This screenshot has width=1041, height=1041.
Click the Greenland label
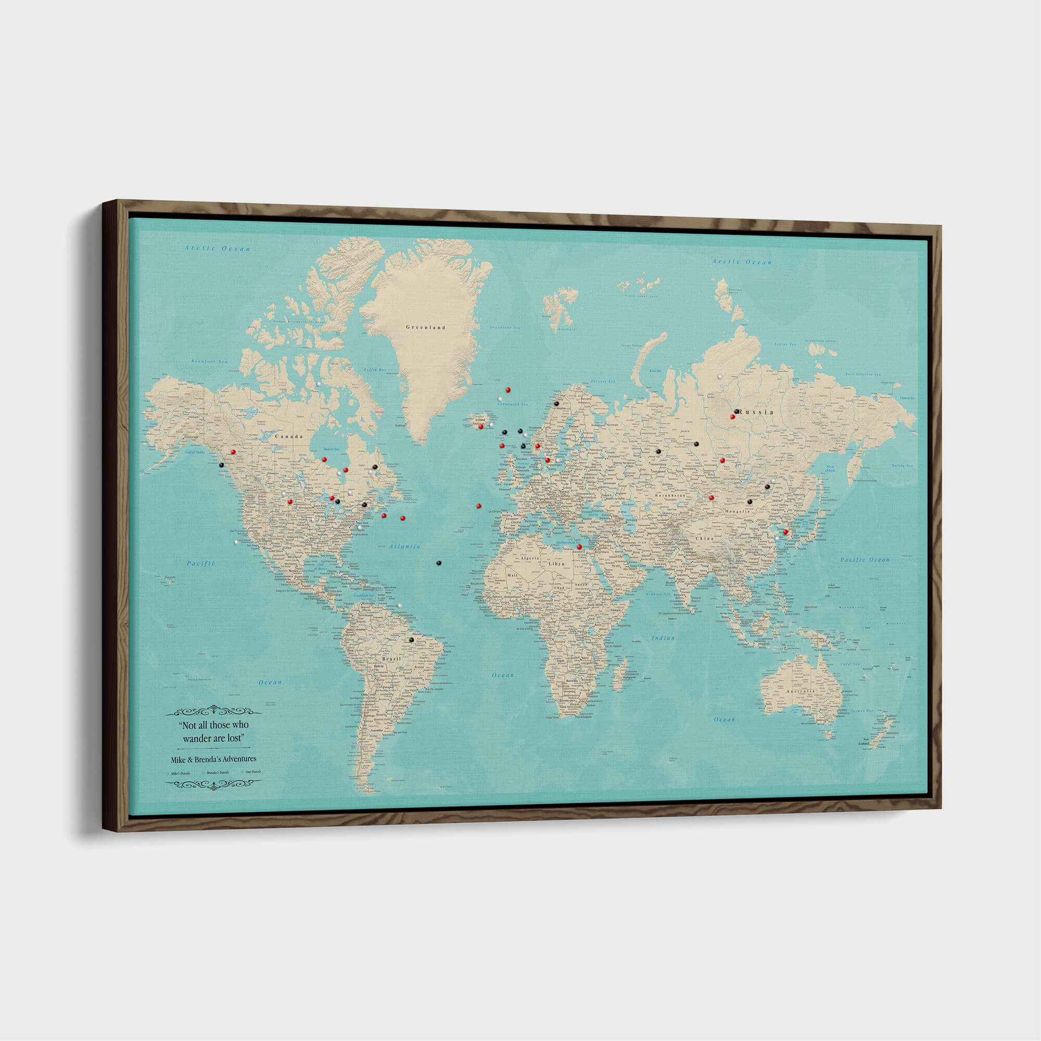point(425,327)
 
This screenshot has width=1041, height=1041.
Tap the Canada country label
point(289,437)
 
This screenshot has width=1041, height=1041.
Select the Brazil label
point(391,659)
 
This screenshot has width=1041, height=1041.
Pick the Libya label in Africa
point(556,564)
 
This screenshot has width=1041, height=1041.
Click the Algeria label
point(530,558)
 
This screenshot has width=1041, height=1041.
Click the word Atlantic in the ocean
point(404,547)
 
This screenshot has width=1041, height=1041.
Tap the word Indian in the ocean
point(663,638)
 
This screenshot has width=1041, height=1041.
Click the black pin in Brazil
point(411,640)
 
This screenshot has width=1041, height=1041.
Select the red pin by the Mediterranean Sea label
point(580,547)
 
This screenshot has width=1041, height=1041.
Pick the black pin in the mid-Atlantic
point(439,563)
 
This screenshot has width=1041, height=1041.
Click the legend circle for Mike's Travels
point(168,773)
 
